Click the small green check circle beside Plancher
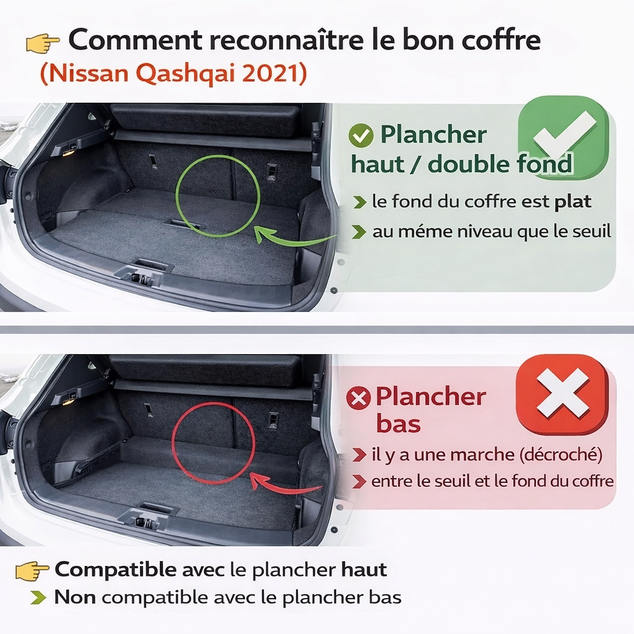(x=360, y=136)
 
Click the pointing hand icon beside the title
(x=42, y=43)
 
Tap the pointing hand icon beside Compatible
(x=32, y=570)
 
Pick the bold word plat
(x=572, y=202)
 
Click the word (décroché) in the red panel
(x=561, y=455)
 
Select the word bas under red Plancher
(x=398, y=425)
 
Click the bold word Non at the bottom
(x=76, y=597)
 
